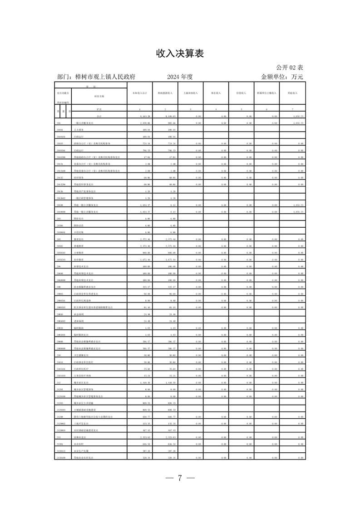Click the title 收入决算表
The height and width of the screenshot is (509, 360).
180,54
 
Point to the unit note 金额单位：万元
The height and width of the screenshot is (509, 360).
281,77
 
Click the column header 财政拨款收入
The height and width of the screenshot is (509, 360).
165,93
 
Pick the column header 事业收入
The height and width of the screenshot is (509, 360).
216,93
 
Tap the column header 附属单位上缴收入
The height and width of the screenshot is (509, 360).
266,93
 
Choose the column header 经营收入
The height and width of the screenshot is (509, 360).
241,93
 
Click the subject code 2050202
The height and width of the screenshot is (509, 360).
61,252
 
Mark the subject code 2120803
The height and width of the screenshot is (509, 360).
61,423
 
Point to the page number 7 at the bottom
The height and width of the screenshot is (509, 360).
180,478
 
